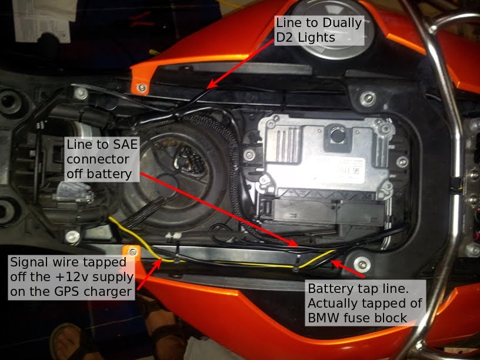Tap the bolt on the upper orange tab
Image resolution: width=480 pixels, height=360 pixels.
141,88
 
